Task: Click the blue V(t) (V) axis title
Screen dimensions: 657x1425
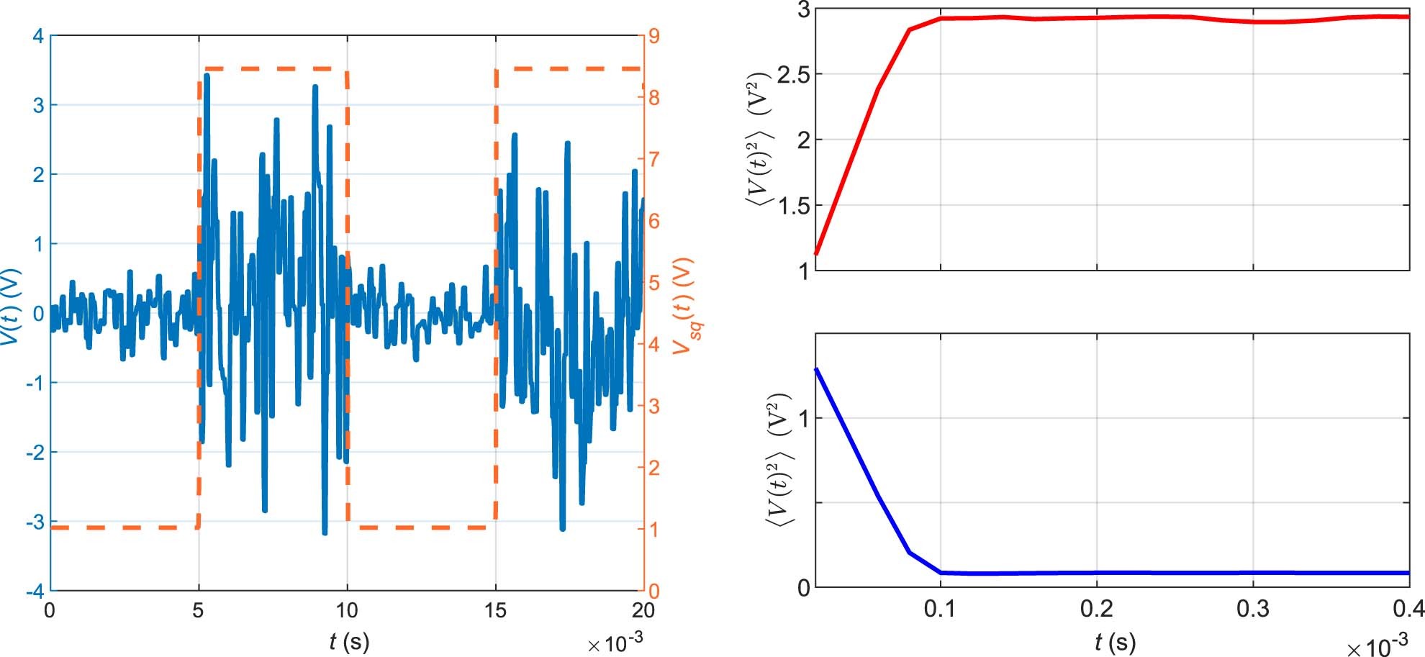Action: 12,307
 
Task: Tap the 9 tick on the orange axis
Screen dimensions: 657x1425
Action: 654,36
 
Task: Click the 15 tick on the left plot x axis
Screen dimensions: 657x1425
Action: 495,612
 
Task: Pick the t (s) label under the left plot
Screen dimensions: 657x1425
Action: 348,640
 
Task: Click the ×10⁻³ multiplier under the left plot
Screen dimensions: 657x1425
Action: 615,643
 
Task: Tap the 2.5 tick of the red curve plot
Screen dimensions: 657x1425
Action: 792,74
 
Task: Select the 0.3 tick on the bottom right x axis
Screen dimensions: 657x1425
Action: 1253,610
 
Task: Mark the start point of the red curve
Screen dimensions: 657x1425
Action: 815,253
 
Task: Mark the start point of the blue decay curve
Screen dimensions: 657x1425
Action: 815,369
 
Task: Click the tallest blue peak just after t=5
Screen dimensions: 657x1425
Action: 207,75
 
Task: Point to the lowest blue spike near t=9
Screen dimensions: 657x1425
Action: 325,533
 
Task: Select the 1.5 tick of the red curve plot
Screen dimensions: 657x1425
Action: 792,206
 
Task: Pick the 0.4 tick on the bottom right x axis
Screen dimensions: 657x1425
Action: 1408,610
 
